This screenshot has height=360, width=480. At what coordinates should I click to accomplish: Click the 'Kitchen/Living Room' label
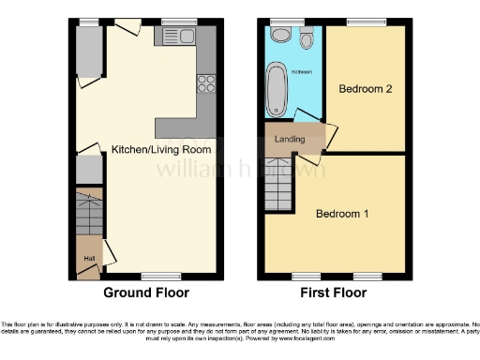(x=160, y=149)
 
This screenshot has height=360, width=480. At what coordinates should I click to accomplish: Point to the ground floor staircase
(x=87, y=214)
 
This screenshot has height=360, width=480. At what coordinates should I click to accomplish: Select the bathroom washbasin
(x=280, y=36)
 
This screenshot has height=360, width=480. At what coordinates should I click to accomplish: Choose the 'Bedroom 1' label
(x=341, y=214)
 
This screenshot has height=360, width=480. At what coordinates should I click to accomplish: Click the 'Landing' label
(x=288, y=140)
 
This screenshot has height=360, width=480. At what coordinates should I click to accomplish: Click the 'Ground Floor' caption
(x=145, y=292)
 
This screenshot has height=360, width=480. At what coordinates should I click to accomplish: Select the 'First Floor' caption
(x=333, y=292)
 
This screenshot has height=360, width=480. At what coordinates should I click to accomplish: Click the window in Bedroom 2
(x=361, y=22)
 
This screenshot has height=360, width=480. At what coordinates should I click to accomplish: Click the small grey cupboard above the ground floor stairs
(x=87, y=170)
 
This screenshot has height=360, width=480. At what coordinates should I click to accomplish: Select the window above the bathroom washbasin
(x=280, y=22)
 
